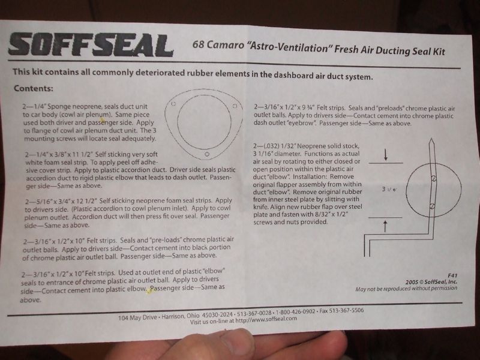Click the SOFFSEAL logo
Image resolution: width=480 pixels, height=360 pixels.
91,45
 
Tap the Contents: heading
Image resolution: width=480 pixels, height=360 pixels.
34,88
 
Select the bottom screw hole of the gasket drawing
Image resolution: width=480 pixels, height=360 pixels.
207,154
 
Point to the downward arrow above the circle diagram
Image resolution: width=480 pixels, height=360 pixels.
386,155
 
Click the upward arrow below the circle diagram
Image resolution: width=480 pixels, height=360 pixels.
385,226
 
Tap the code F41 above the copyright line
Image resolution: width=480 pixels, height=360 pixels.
452,275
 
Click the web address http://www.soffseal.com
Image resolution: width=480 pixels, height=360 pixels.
266,319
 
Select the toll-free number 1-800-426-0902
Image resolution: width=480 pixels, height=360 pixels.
295,311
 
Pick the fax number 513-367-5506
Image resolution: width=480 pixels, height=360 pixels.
341,311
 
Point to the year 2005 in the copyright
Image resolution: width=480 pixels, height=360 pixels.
412,282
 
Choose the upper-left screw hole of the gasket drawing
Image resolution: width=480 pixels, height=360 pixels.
173,104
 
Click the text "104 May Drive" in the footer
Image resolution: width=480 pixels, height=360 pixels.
137,318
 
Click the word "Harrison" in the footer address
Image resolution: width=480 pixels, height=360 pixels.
173,317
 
